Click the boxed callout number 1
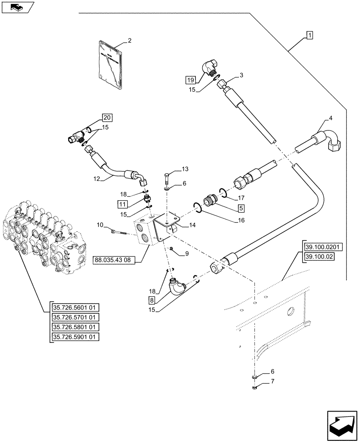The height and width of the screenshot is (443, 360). [309, 35]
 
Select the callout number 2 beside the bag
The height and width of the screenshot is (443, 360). [129, 41]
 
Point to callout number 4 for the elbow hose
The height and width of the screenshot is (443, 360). [331, 118]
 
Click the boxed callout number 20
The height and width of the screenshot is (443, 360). [107, 117]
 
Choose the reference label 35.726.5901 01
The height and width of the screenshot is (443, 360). [74, 337]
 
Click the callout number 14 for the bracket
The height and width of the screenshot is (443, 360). [192, 225]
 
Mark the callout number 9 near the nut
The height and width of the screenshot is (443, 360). [187, 253]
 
